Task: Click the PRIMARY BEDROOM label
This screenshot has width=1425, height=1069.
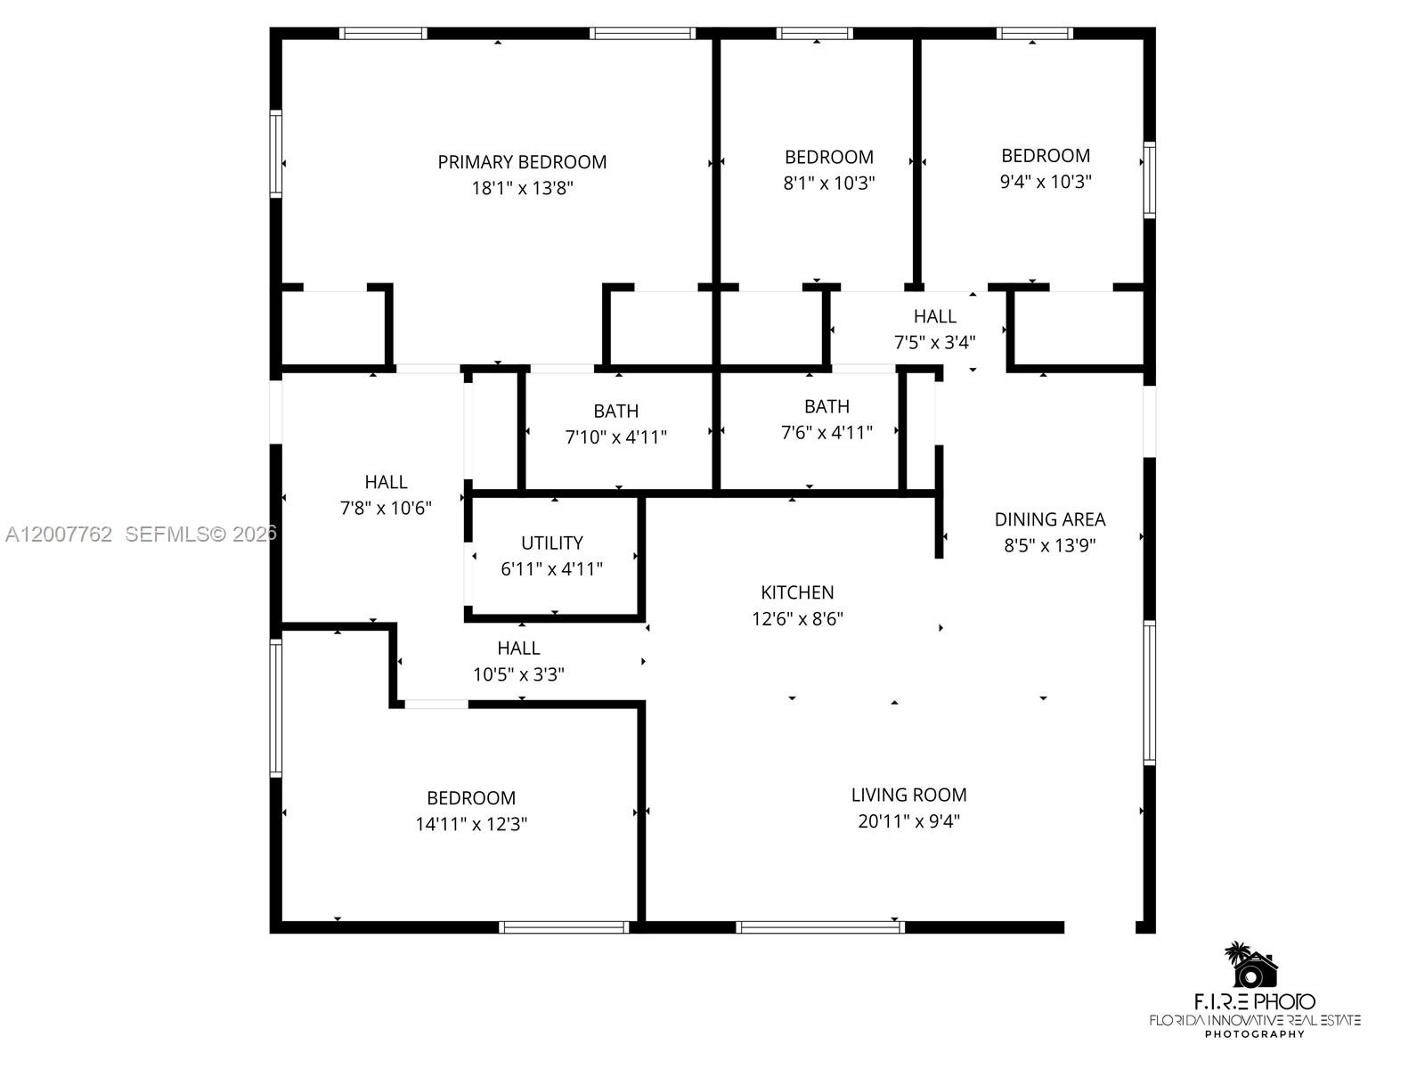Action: [522, 162]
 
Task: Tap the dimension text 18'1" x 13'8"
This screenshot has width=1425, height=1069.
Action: [522, 188]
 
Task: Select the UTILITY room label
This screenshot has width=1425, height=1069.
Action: [552, 543]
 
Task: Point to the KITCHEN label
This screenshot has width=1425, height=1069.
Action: [797, 592]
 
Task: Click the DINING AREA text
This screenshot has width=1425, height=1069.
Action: [1050, 519]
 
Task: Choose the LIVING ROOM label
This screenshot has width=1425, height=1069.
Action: [908, 795]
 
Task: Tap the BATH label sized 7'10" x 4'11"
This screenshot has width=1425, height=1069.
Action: [615, 411]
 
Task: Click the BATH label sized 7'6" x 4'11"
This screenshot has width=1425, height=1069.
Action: [826, 406]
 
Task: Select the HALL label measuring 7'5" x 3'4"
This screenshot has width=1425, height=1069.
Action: [934, 316]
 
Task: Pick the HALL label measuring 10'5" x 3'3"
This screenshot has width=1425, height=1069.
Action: [518, 649]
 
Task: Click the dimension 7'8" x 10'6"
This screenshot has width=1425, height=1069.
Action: [386, 508]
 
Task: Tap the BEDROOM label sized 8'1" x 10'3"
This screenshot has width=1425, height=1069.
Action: [828, 157]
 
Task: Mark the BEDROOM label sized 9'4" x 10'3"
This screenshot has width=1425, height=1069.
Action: [1046, 156]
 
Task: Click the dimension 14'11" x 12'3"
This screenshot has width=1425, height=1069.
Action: [471, 824]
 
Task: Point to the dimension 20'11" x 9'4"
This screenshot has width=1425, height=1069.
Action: [908, 820]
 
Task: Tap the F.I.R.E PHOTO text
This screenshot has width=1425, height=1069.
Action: [1254, 1001]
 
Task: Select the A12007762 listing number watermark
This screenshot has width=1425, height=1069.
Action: [59, 534]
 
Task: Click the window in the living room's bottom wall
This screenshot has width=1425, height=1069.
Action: [820, 927]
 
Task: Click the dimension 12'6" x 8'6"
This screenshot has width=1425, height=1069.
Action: [797, 618]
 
